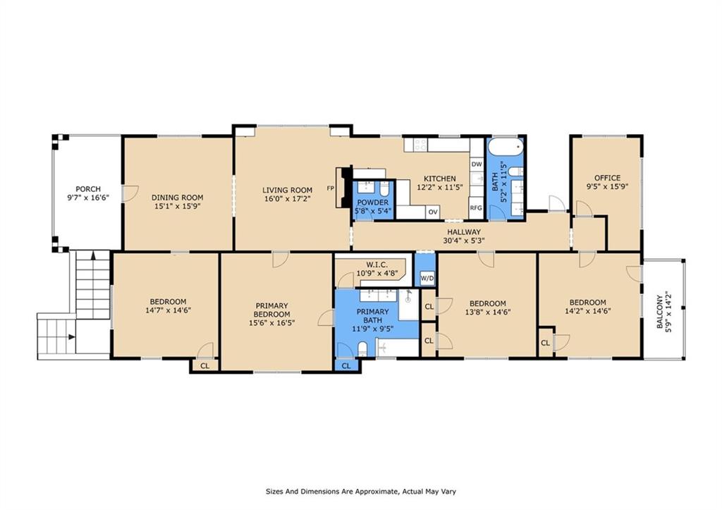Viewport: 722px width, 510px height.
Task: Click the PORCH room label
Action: [88, 189]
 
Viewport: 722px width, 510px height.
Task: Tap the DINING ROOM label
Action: [177, 198]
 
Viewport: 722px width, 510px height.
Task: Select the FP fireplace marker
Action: [330, 188]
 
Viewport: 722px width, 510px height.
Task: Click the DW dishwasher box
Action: [477, 164]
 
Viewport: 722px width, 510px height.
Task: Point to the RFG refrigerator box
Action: [476, 208]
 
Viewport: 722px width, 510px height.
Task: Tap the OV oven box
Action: [433, 212]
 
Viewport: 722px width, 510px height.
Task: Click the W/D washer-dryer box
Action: [427, 278]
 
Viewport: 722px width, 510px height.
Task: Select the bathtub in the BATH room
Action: [506, 147]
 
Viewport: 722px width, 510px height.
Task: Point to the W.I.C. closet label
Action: [377, 265]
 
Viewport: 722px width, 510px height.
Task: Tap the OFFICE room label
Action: [607, 178]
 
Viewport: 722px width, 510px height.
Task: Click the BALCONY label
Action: [660, 312]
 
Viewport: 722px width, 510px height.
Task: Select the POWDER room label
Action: [372, 202]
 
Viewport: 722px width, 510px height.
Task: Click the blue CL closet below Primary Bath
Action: [346, 365]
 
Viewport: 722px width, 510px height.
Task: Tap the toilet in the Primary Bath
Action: [362, 348]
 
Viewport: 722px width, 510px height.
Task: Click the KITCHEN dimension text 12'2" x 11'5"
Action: [439, 187]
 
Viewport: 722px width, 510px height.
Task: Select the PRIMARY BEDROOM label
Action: [271, 310]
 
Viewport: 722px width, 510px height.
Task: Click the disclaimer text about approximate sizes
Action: [360, 491]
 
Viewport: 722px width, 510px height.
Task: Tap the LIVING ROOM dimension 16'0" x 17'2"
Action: [288, 198]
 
